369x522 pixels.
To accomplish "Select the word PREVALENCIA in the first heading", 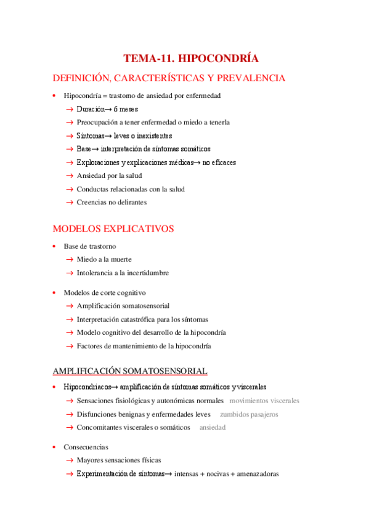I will tap(253, 78).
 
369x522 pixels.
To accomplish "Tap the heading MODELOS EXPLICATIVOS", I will tap(113, 229).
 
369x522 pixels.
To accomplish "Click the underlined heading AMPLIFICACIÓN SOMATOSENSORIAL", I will tap(130, 371).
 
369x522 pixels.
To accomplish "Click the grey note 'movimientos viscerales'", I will tap(264, 401).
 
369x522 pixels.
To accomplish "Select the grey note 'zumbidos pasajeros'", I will tap(249, 414).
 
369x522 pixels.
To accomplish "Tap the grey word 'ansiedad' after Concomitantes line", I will tap(213, 427).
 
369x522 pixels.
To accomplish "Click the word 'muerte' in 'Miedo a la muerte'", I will tap(121, 259).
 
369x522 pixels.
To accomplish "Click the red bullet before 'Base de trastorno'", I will tap(55, 246).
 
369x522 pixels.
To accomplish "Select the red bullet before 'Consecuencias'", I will tap(55, 448).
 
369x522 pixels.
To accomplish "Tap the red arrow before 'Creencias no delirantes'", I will tap(70, 203).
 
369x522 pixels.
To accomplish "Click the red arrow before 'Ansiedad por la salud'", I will tap(70, 176).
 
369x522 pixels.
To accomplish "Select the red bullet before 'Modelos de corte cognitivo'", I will tap(55, 293).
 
